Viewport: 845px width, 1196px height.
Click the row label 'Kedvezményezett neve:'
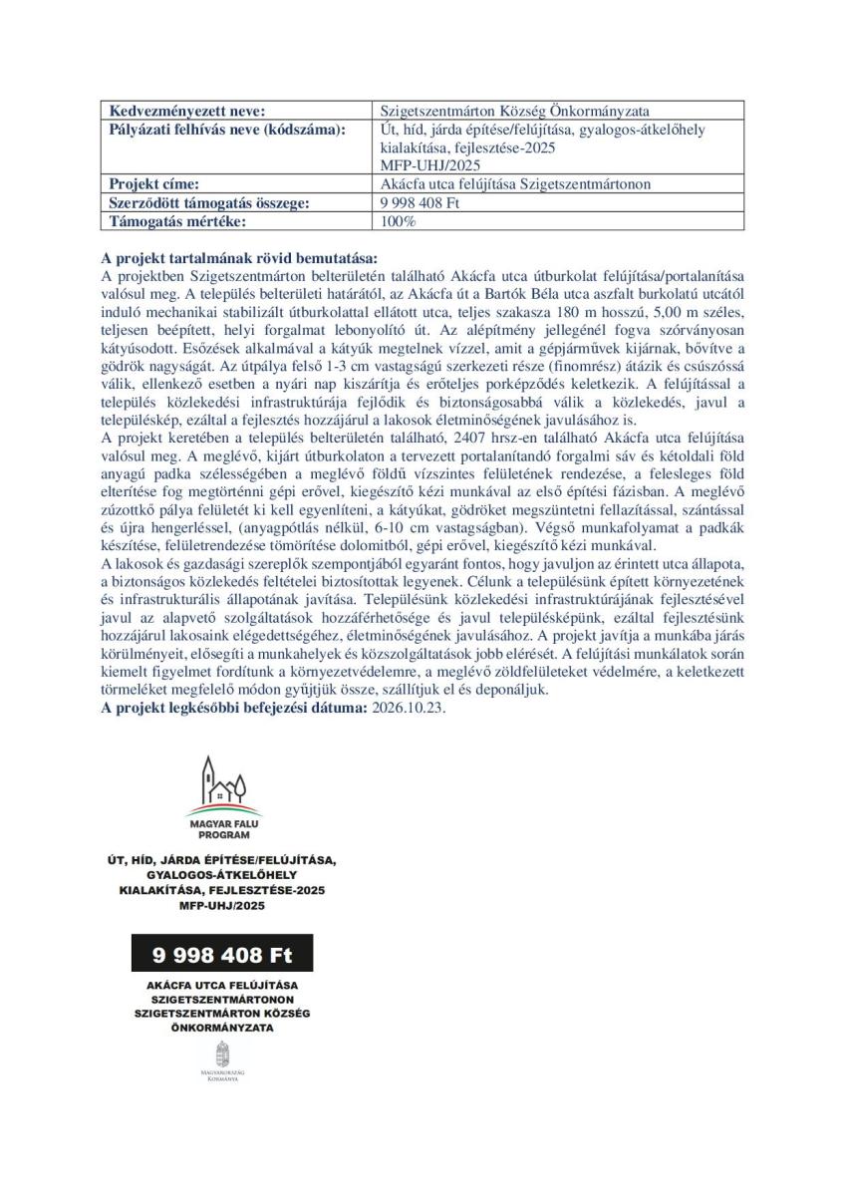187,111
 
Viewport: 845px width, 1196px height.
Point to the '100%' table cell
399,220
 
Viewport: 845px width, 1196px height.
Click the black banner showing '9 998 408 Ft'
223,955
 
